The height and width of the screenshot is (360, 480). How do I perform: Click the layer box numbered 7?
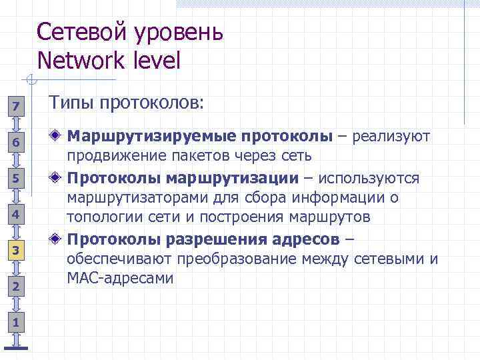[x=17, y=106]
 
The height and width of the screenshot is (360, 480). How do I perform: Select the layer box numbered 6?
[x=17, y=142]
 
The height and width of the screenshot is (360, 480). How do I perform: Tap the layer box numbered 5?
[x=17, y=178]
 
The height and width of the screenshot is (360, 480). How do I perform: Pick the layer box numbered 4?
[x=17, y=214]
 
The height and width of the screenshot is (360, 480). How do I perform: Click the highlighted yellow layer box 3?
[x=17, y=250]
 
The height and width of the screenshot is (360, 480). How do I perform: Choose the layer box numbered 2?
[x=17, y=286]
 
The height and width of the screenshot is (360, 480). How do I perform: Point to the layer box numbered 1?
[x=17, y=322]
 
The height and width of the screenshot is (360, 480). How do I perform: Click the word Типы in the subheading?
[x=72, y=103]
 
